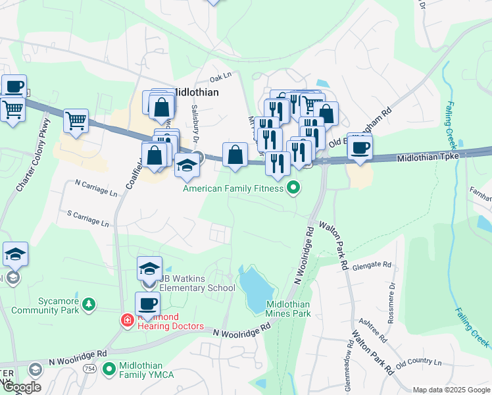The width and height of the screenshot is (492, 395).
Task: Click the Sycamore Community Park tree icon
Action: point(87,305)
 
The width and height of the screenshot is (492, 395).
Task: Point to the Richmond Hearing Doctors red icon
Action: point(127,321)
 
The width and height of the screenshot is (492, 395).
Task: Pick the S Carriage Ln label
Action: point(88,219)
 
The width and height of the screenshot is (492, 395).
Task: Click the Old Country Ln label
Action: point(418,362)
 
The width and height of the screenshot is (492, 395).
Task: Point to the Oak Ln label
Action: point(222,77)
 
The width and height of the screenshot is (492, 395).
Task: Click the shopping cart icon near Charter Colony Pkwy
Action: point(76,120)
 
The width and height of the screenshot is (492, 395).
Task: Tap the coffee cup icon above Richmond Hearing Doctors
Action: point(147,304)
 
